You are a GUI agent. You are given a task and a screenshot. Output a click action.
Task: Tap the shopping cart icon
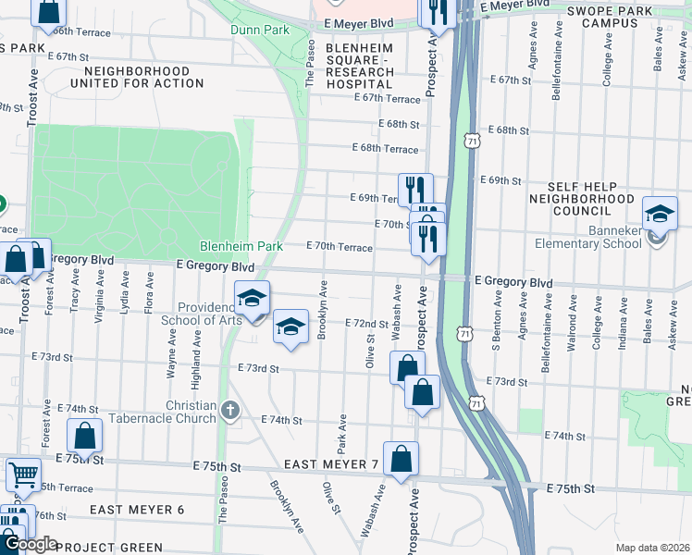point(23,475)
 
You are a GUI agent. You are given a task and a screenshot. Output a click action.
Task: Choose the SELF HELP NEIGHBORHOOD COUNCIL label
point(582,198)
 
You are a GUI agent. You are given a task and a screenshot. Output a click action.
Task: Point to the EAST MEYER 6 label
point(137,510)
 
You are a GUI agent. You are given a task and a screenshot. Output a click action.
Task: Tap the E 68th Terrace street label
point(386,148)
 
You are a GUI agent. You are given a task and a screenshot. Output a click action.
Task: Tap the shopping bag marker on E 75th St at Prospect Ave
point(401,459)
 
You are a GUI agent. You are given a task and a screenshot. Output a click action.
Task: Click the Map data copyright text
point(652,548)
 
